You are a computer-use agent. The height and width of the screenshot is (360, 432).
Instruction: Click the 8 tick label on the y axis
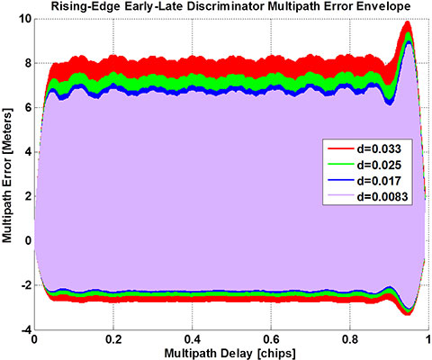25,64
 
